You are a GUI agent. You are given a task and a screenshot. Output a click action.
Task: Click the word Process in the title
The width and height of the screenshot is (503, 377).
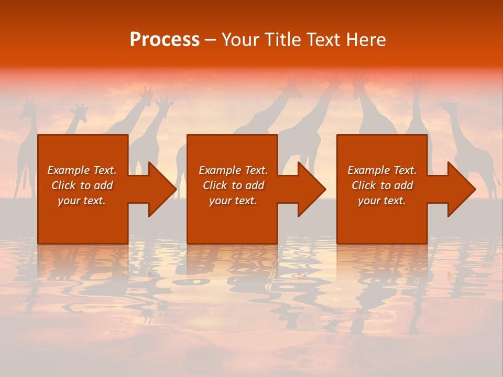coord(165,40)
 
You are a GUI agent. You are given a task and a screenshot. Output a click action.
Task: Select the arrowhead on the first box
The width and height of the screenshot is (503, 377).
coord(161,189)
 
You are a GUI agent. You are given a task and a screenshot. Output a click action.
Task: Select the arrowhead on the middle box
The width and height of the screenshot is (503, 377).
coord(311,189)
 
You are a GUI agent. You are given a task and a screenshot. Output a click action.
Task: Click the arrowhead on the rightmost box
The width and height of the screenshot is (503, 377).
coord(461,189)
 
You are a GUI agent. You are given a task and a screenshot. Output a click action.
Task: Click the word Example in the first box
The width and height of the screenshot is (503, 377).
coord(68,170)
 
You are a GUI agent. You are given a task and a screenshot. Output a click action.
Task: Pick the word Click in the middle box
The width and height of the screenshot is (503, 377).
coord(215,185)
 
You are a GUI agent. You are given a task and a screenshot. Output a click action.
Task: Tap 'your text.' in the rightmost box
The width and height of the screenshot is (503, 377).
coord(381,201)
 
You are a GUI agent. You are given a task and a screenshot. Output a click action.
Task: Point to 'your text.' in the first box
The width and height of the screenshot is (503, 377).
coord(81,201)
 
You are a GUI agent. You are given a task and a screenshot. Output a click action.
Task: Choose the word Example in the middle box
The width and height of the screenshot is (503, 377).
coord(220,170)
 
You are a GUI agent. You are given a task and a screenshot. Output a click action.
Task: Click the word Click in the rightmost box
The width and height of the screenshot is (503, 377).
coord(364,185)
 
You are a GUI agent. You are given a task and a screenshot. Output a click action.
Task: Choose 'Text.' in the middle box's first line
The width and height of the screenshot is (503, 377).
coord(255,170)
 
